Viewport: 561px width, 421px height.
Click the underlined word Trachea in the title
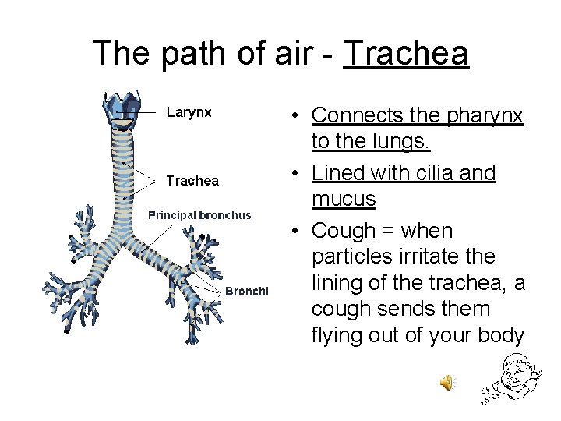tap(406, 54)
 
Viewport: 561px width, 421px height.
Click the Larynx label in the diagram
tap(189, 112)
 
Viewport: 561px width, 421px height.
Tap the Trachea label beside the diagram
tap(192, 181)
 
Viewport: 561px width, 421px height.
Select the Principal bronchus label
tap(199, 215)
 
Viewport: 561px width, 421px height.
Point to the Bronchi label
tap(247, 291)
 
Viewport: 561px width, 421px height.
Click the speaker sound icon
tap(448, 381)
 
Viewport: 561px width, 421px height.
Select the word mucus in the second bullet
tap(344, 200)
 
